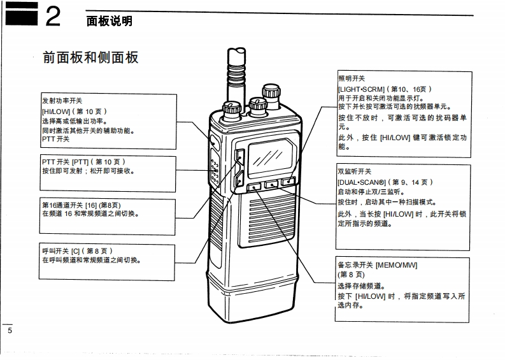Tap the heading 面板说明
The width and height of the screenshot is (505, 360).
(109, 22)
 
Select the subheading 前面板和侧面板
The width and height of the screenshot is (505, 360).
(90, 57)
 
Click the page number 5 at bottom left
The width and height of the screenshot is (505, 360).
(9, 331)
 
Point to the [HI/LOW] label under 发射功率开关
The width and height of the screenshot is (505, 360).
(57, 111)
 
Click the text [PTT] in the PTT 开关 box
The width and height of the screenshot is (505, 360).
(80, 162)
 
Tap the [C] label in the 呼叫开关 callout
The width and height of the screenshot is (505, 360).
(76, 250)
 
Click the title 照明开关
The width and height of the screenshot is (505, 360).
(350, 79)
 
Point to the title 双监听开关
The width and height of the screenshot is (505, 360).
(354, 172)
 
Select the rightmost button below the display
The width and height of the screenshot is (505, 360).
(288, 183)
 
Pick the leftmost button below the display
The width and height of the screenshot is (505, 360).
(253, 187)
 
